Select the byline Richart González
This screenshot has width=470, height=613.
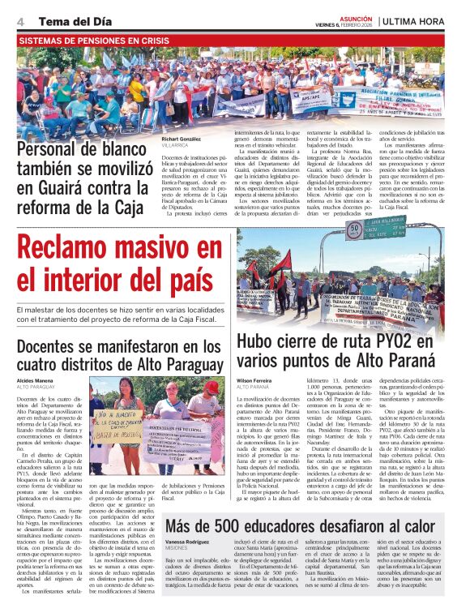tap(181, 139)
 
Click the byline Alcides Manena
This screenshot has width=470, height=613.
tap(36, 379)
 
